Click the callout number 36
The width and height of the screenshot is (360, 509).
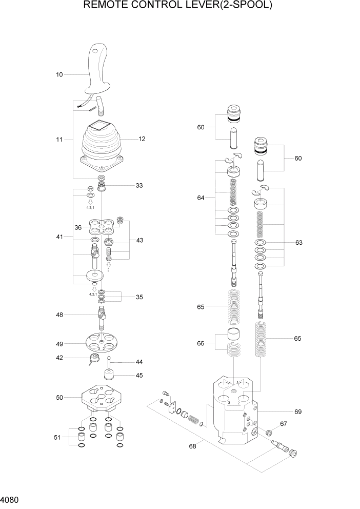(x=78, y=227)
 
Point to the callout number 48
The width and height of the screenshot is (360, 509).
(x=59, y=315)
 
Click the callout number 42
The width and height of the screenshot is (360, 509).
(x=59, y=358)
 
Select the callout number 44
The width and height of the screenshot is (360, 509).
(x=139, y=362)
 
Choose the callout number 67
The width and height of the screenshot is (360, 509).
(x=284, y=424)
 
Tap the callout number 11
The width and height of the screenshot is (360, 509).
(x=59, y=139)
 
